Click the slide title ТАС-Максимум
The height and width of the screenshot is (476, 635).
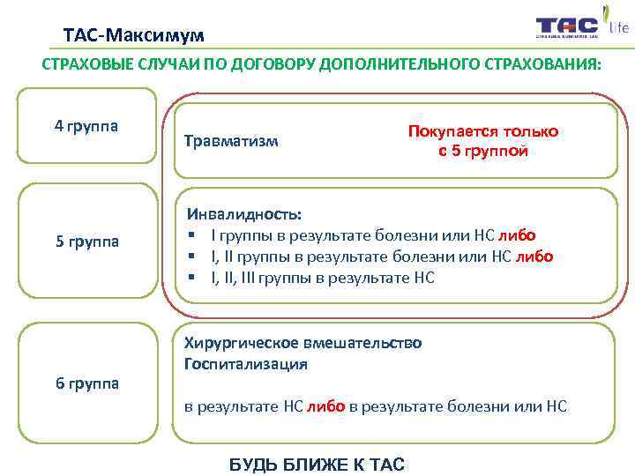coord(133,35)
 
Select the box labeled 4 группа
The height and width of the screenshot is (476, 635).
coord(86,125)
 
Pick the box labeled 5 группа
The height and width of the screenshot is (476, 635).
coord(86,241)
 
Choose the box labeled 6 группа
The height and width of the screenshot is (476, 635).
coord(86,383)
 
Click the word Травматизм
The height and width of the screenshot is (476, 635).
coord(231,140)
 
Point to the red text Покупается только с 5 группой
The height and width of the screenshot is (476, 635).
coord(482,140)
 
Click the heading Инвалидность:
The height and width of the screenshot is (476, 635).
coord(243,214)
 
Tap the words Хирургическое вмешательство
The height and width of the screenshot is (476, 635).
coord(303,342)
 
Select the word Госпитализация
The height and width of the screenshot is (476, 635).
coord(245,362)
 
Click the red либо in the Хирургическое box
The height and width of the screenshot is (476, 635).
coord(325,405)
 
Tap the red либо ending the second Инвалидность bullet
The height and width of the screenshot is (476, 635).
coord(534,257)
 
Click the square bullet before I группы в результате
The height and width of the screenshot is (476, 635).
coord(190,235)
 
